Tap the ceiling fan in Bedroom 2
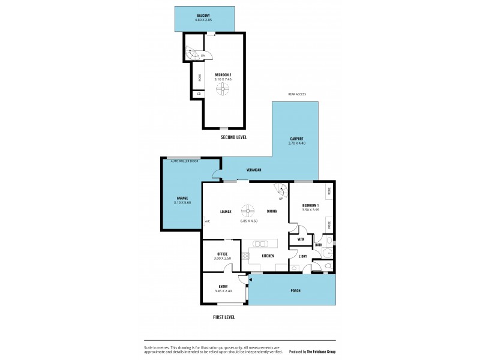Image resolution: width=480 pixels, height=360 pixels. tap(223, 89)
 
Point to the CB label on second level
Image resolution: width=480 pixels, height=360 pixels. tap(199, 94)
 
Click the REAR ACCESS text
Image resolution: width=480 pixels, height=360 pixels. tap(297, 94)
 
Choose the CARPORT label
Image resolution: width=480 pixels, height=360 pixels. tap(296, 139)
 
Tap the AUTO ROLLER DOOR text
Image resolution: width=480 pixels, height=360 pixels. tap(184, 161)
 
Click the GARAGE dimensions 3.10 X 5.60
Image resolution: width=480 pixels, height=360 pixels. tap(181, 203)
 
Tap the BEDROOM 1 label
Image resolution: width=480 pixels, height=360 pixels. tap(310, 206)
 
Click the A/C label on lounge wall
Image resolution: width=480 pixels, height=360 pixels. tap(207, 221)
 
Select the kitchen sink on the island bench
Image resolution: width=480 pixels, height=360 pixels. tap(261, 244)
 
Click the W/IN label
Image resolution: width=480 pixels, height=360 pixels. tap(301, 240)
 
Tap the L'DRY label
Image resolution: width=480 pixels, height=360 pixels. tap(303, 257)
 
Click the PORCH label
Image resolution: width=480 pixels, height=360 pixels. tap(295, 290)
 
